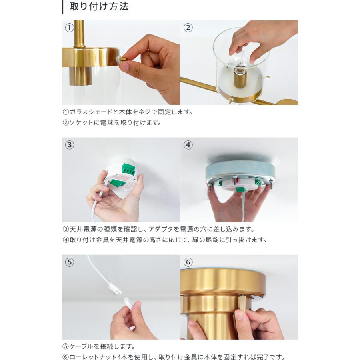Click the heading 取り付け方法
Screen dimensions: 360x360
click(99, 6)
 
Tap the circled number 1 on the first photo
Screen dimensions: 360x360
click(69, 28)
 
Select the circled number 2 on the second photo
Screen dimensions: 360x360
click(188, 28)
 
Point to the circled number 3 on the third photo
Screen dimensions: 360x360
click(69, 145)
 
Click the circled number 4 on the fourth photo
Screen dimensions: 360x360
click(188, 145)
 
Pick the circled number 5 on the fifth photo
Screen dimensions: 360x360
click(69, 262)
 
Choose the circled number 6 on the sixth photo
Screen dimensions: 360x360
click(188, 262)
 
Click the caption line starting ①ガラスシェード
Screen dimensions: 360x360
click(128, 112)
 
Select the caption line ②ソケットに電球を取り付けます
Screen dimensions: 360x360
click(112, 123)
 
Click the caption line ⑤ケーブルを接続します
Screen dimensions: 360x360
click(99, 346)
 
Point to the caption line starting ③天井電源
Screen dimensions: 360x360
click(159, 229)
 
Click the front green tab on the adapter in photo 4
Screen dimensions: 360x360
click(240, 190)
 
